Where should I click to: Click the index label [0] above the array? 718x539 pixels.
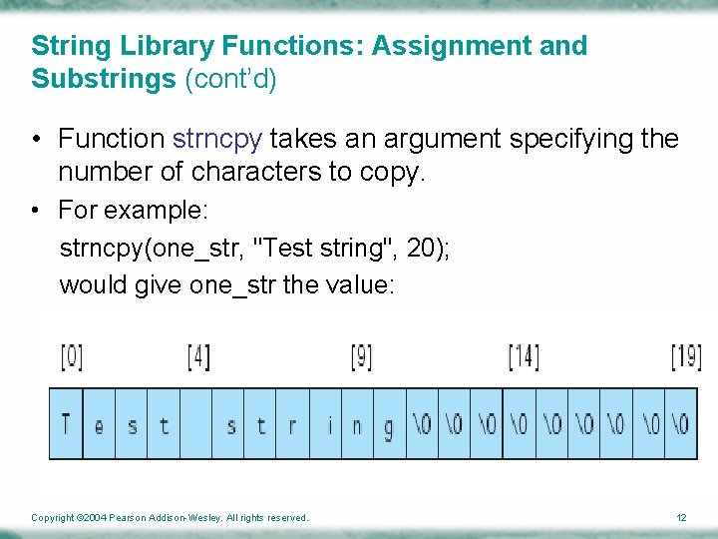[x=71, y=356]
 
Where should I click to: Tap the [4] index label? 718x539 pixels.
[x=198, y=356]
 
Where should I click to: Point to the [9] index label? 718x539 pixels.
[x=363, y=356]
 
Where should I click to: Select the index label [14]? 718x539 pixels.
[x=524, y=356]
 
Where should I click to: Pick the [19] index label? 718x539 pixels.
[x=686, y=356]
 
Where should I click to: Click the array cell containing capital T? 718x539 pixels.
[x=66, y=424]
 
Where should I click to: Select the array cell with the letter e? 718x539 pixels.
[x=99, y=424]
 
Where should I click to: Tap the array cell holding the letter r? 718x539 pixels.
[x=292, y=424]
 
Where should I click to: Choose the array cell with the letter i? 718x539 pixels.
[x=329, y=424]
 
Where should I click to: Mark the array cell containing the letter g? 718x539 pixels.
[x=388, y=424]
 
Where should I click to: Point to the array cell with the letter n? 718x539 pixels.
[x=357, y=424]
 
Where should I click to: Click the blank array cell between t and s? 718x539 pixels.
[x=196, y=424]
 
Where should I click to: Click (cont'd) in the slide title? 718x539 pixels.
[x=230, y=79]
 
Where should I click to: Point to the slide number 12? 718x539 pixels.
[x=681, y=517]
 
